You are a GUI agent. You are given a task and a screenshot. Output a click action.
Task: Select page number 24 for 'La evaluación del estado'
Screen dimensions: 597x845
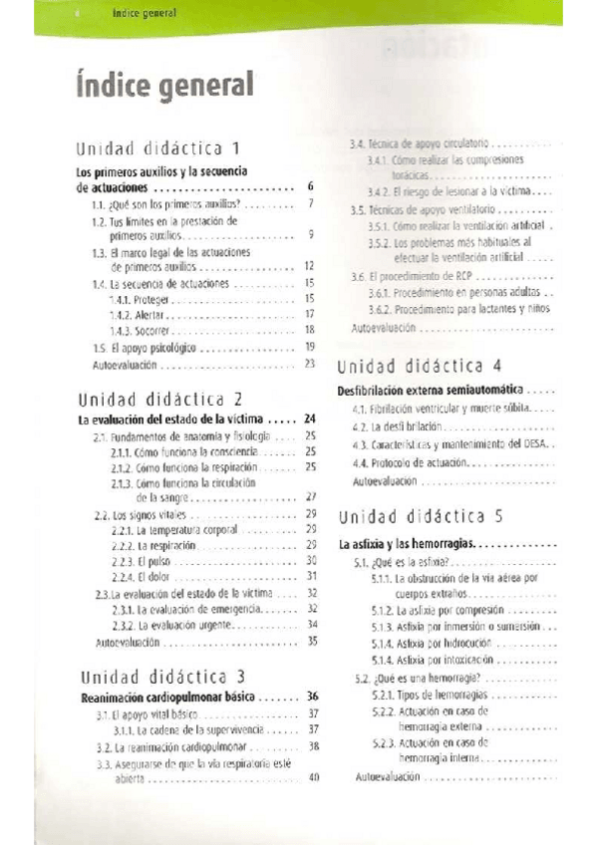(x=310, y=420)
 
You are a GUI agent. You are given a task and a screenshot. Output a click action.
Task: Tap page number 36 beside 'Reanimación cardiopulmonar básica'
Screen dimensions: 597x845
(x=312, y=697)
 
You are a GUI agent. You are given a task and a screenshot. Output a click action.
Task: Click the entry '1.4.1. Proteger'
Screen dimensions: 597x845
(x=141, y=298)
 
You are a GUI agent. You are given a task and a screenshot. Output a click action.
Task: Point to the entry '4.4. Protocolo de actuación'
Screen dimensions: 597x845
(x=407, y=463)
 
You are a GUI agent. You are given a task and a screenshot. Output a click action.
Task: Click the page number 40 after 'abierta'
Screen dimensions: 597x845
(x=312, y=778)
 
